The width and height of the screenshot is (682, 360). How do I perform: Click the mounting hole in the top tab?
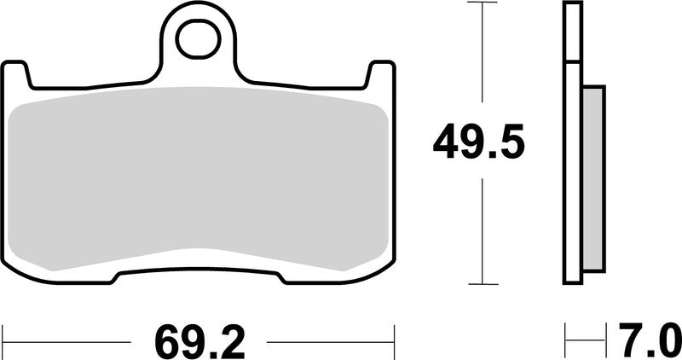(x=198, y=38)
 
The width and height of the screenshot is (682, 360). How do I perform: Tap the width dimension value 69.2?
(x=200, y=342)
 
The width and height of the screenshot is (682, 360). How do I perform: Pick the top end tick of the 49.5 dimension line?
(x=483, y=3)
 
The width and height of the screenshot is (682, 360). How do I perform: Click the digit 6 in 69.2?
(x=167, y=342)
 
